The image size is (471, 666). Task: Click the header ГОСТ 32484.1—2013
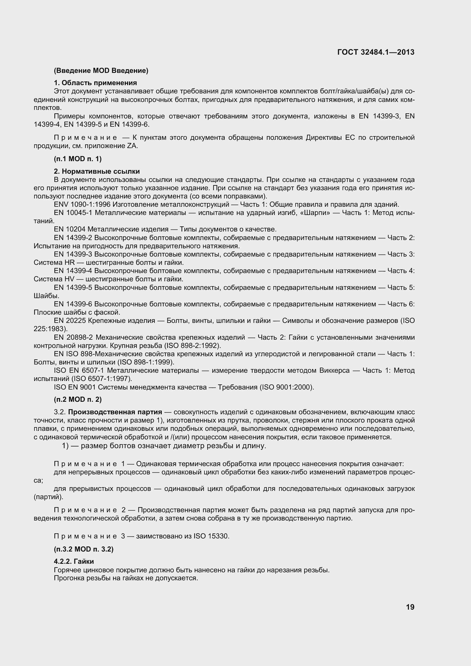pyautogui.click(x=376, y=52)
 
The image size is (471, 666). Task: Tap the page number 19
pyautogui.click(x=410, y=607)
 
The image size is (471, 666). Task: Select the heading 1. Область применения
pyautogui.click(x=95, y=83)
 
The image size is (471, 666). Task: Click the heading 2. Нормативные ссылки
pyautogui.click(x=97, y=171)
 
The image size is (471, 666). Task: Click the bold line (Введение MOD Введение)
pyautogui.click(x=101, y=71)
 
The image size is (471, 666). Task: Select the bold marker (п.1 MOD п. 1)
pyautogui.click(x=77, y=159)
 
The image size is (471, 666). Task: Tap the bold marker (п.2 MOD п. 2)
pyautogui.click(x=77, y=399)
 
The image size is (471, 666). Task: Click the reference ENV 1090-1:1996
pyautogui.click(x=82, y=204)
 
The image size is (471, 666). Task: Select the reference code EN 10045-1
pyautogui.click(x=73, y=213)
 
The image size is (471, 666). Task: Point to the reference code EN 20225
pyautogui.click(x=70, y=321)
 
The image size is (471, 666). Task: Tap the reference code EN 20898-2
pyautogui.click(x=73, y=337)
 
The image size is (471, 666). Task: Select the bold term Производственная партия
pyautogui.click(x=115, y=412)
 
